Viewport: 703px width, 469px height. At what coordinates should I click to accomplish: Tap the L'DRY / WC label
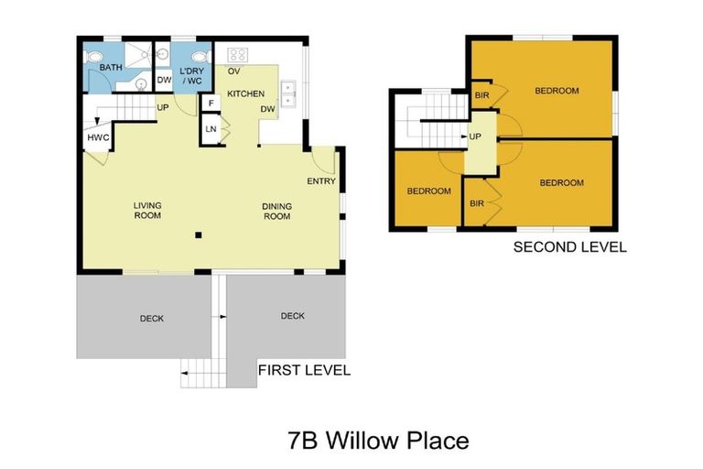click(191, 75)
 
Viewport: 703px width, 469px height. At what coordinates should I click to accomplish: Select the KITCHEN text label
click(245, 94)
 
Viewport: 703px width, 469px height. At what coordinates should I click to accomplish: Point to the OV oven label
click(233, 71)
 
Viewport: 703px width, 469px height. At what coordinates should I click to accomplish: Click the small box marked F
click(211, 104)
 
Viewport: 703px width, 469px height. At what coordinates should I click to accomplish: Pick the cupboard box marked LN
click(211, 129)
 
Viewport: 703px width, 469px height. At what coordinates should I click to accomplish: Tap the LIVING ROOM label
click(147, 211)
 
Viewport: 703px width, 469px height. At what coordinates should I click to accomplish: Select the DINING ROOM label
click(276, 211)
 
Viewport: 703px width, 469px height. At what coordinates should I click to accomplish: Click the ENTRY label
click(321, 180)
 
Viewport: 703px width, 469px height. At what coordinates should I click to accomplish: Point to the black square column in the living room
click(197, 236)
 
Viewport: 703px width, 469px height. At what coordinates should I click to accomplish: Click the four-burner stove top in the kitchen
click(237, 53)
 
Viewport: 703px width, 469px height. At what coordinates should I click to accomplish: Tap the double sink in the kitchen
click(289, 93)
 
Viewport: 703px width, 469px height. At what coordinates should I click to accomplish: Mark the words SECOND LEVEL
click(569, 246)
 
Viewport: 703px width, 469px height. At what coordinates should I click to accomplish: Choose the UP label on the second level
click(475, 136)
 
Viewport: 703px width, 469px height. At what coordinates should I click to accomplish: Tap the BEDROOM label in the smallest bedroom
click(428, 191)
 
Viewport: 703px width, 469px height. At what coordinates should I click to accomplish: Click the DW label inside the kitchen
click(268, 110)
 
